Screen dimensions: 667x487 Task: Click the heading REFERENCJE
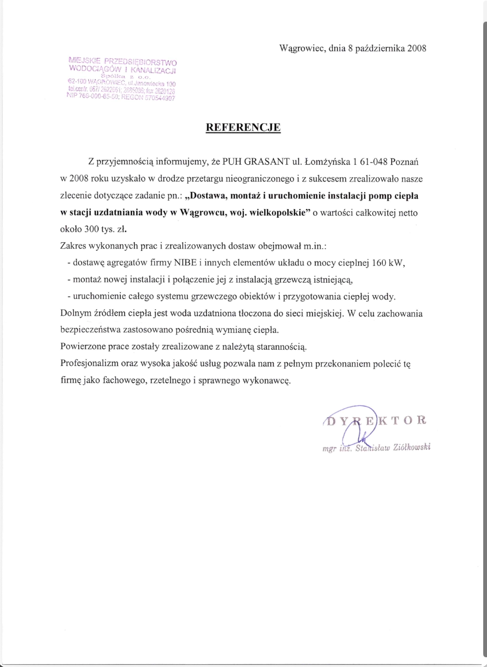tap(243, 128)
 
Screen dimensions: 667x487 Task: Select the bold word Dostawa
tap(208, 195)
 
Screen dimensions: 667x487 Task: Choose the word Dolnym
tap(75, 314)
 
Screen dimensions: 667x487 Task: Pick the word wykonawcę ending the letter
tap(267, 381)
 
